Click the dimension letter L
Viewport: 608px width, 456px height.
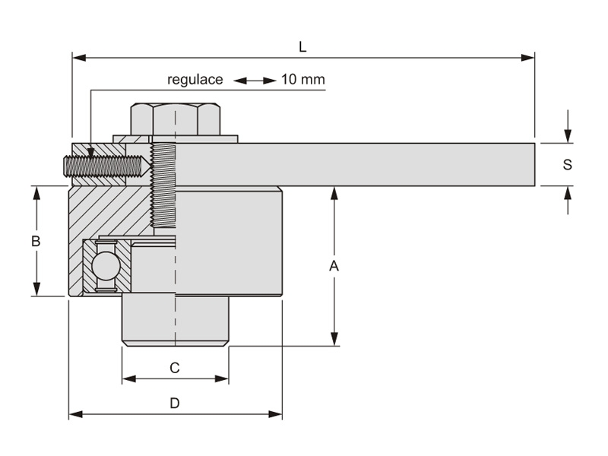tap(302, 47)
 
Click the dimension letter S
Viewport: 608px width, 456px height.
tap(567, 165)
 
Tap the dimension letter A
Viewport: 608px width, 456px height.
tap(333, 266)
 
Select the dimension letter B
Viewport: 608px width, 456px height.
tap(35, 242)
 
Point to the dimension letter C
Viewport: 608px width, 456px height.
tap(174, 368)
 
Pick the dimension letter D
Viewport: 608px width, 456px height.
tap(174, 404)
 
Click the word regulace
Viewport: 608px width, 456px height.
tap(195, 80)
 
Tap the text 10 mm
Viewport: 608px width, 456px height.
tap(303, 80)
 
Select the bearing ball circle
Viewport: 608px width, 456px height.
tap(104, 266)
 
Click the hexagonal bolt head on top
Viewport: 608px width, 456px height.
tap(176, 119)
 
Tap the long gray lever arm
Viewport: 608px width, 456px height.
tap(357, 164)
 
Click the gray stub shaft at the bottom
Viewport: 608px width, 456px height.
tap(176, 319)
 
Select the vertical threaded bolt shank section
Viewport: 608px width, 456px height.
tap(163, 185)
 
